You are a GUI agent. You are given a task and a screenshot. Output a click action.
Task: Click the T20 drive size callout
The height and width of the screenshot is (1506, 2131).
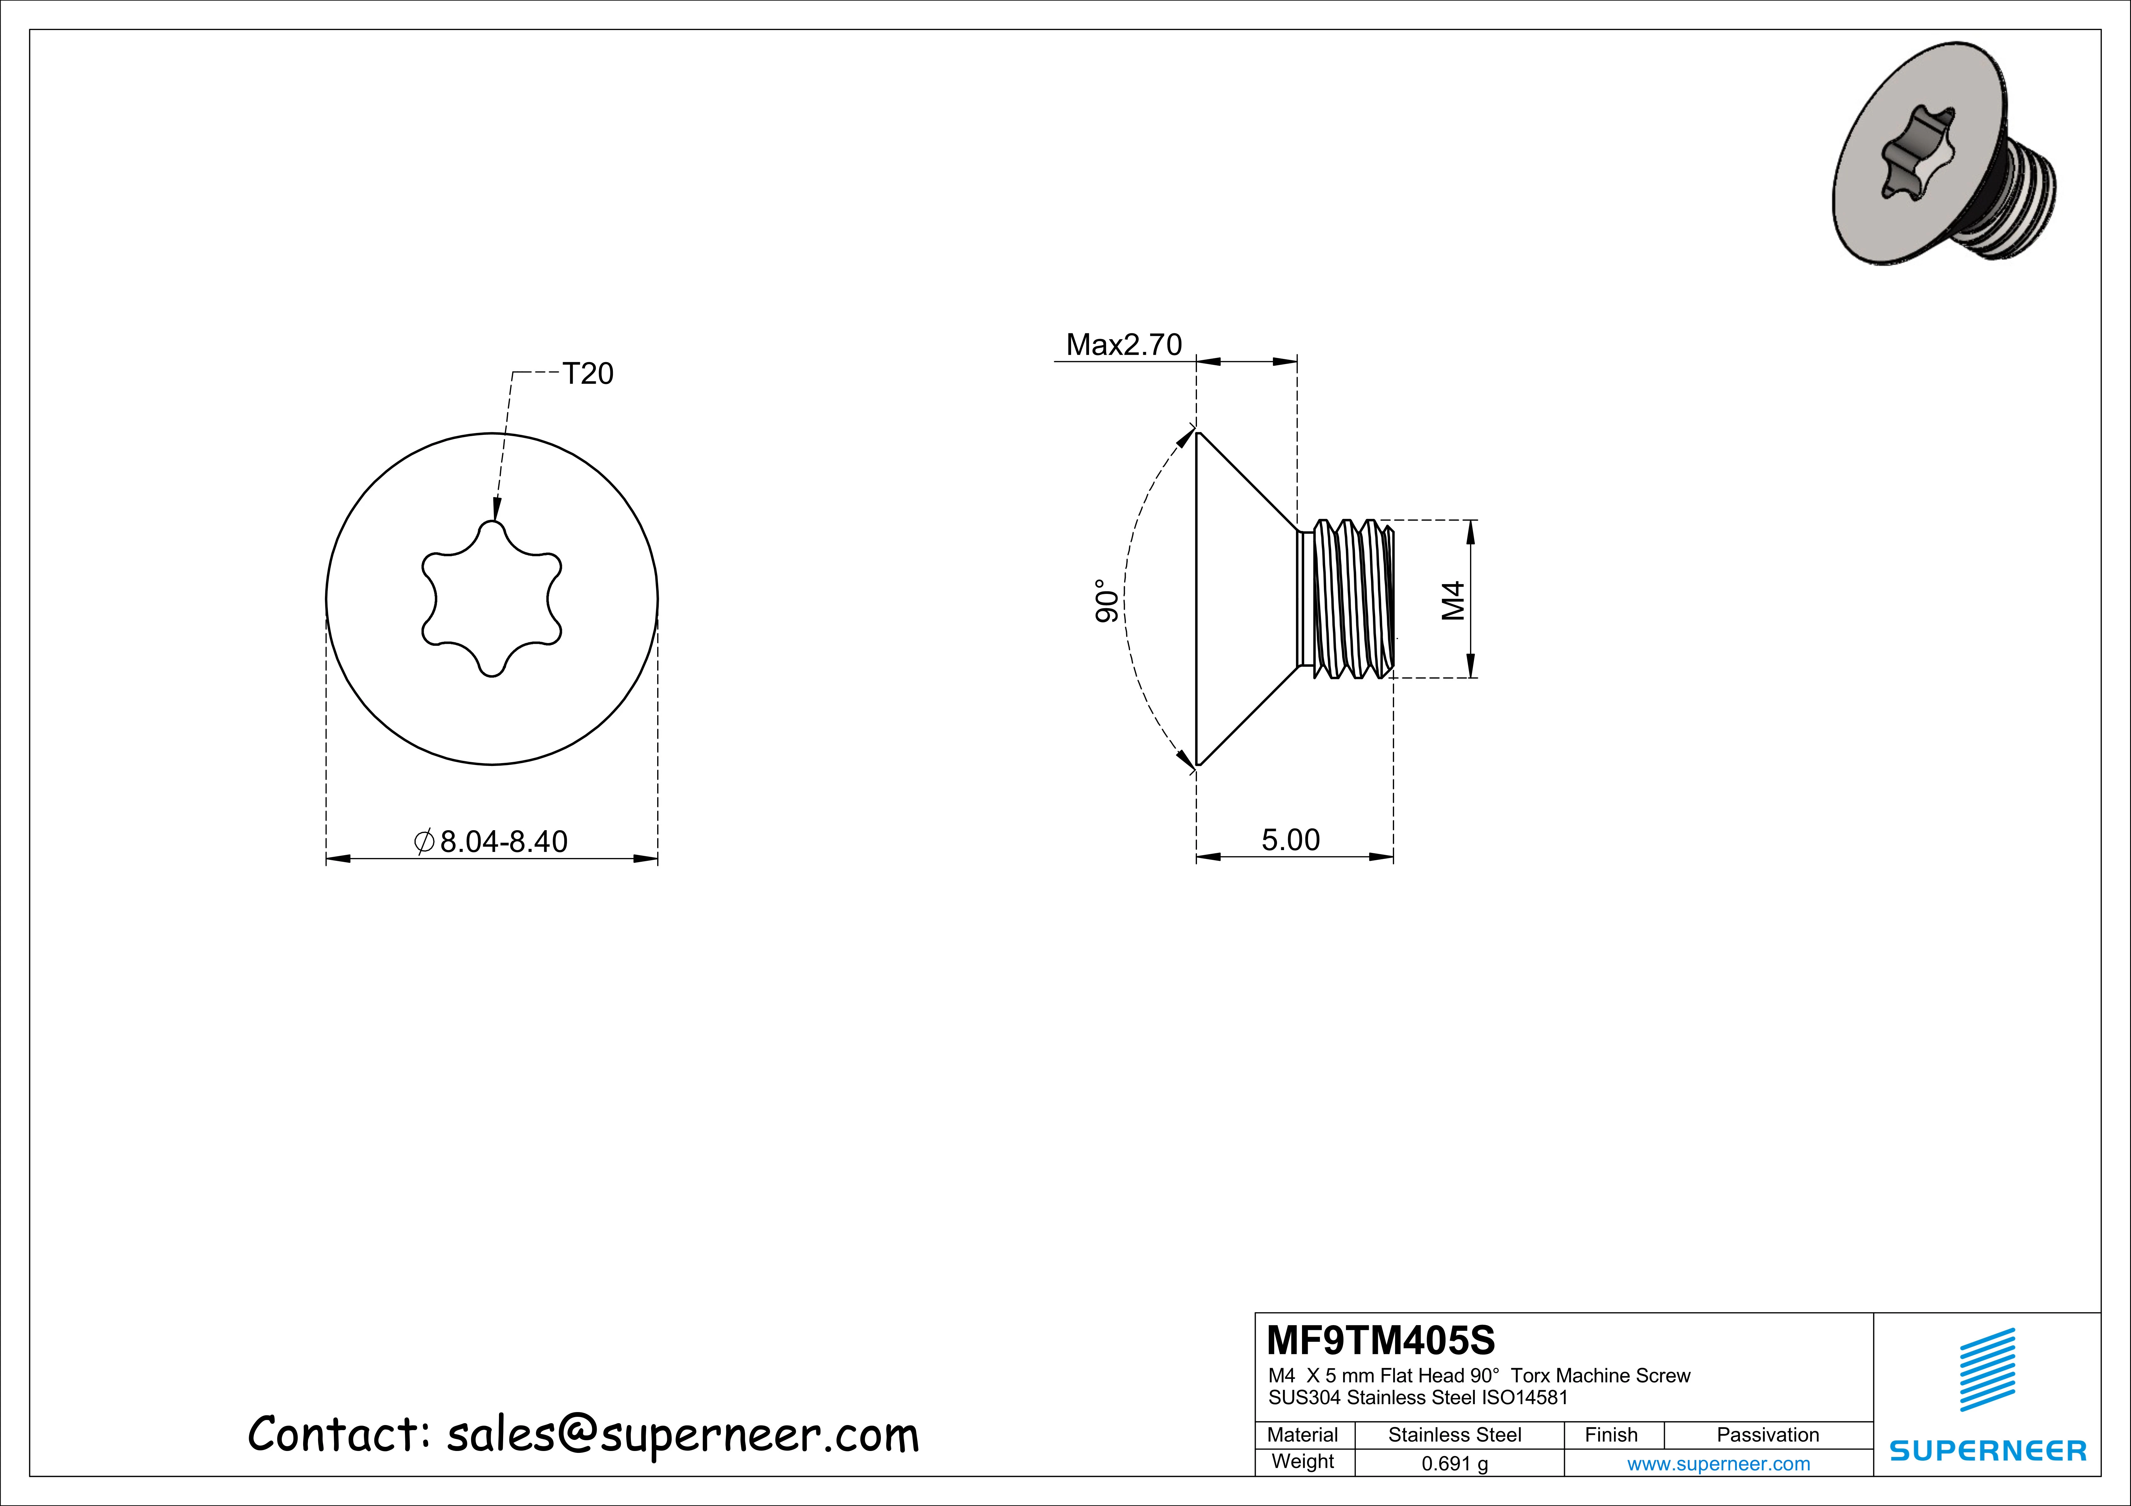588,374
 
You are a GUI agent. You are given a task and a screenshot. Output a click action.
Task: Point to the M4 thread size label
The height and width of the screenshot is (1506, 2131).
1453,600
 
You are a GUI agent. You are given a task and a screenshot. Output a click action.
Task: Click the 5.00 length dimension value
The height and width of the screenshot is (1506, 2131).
1290,840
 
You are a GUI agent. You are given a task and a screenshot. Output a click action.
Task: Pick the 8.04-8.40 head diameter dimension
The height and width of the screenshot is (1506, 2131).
502,842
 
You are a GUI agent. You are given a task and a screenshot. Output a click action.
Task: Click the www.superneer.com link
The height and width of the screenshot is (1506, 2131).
1718,1464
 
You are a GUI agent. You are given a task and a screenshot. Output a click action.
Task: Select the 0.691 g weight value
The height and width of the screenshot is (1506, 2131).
1455,1464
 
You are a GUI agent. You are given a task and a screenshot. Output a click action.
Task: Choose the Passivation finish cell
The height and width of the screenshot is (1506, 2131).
1767,1435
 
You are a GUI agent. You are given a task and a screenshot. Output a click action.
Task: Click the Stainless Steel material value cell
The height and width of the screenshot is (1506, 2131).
1455,1435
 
